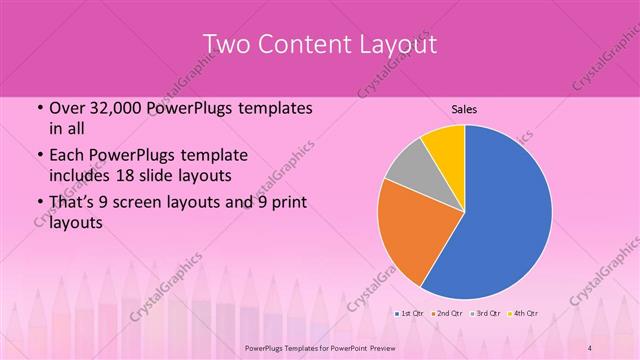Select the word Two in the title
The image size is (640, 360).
[x=228, y=45]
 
